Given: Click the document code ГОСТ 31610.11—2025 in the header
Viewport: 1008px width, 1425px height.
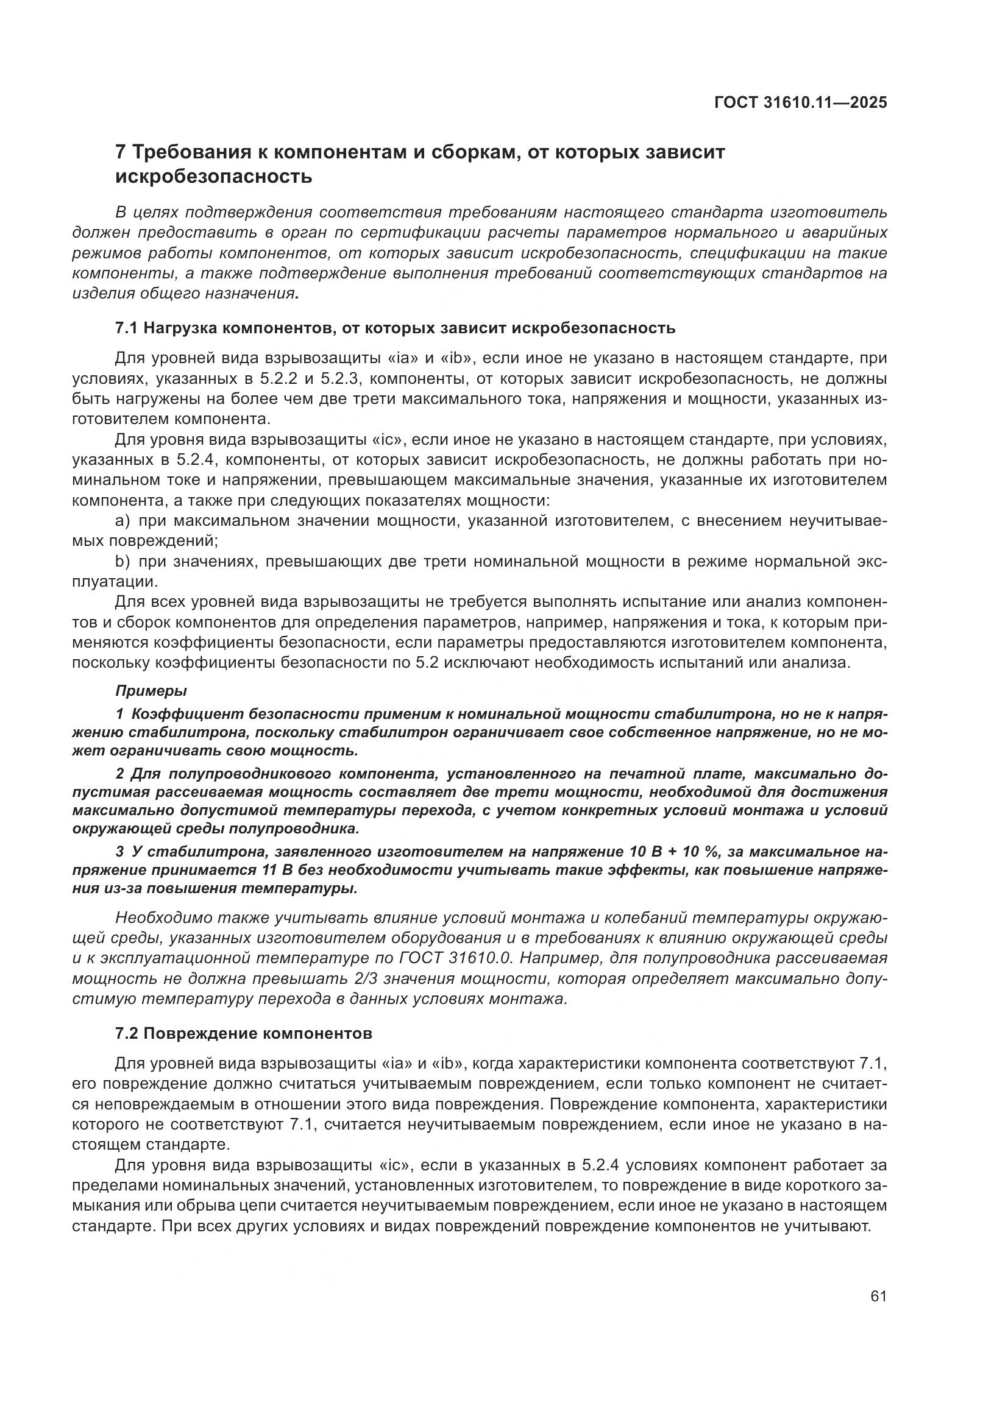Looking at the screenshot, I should click(x=800, y=102).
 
